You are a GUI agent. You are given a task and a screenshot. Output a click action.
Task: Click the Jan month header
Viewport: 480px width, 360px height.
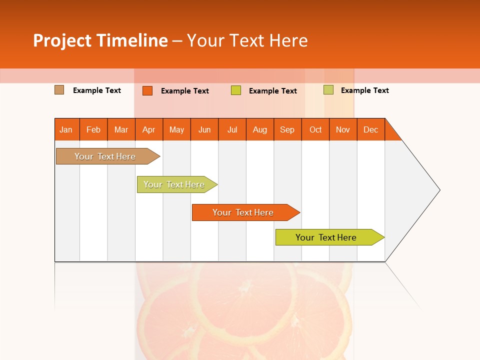click(x=66, y=129)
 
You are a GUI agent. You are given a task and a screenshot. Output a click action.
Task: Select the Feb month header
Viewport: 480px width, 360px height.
click(x=93, y=129)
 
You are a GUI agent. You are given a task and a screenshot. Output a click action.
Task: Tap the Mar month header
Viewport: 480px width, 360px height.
click(x=121, y=129)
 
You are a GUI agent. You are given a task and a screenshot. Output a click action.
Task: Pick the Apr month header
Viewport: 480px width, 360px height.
click(x=149, y=129)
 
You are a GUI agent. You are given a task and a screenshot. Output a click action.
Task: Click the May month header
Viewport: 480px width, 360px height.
click(x=176, y=129)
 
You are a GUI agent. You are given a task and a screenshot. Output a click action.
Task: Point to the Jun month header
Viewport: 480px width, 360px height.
click(x=204, y=129)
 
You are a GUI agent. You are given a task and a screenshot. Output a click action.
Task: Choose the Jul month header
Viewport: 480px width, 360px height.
click(x=232, y=129)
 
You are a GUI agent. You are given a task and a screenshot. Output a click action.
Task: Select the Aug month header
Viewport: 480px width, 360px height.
click(x=260, y=129)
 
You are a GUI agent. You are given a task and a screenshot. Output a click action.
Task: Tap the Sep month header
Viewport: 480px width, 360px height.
click(x=287, y=129)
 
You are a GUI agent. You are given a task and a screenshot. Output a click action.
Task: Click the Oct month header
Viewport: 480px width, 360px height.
click(x=315, y=129)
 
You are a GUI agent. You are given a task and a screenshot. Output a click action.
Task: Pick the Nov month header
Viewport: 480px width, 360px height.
click(x=343, y=129)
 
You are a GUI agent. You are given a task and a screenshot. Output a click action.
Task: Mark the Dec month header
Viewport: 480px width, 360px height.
click(x=371, y=129)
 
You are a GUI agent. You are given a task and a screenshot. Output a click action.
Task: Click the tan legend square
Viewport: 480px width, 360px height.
click(x=59, y=90)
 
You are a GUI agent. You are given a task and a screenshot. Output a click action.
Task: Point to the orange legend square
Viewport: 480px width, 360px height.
click(x=147, y=90)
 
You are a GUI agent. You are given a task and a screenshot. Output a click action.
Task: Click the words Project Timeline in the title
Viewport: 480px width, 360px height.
click(x=100, y=40)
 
